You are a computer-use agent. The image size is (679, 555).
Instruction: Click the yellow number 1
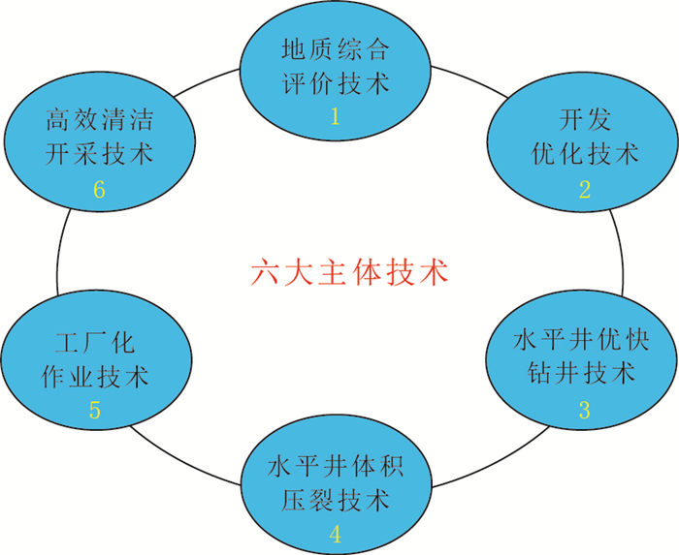pyautogui.click(x=336, y=117)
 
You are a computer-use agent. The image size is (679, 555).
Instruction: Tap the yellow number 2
pyautogui.click(x=585, y=189)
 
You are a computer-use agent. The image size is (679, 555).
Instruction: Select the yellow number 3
pyautogui.click(x=585, y=409)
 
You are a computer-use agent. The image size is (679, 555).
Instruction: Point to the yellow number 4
pyautogui.click(x=336, y=533)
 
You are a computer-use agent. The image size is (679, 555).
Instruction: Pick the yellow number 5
pyautogui.click(x=94, y=410)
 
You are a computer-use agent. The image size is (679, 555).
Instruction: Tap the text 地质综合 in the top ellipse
pyautogui.click(x=336, y=47)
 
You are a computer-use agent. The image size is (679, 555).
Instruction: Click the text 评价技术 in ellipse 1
pyautogui.click(x=336, y=82)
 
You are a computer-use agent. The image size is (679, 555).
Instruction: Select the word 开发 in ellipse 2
pyautogui.click(x=585, y=119)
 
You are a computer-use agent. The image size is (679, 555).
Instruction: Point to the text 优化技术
pyautogui.click(x=585, y=154)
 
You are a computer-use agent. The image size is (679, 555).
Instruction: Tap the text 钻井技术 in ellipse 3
pyautogui.click(x=585, y=374)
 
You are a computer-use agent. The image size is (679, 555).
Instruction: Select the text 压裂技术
pyautogui.click(x=336, y=500)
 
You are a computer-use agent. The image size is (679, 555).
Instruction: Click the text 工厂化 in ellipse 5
pyautogui.click(x=94, y=342)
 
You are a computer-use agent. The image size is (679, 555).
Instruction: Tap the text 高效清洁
pyautogui.click(x=99, y=121)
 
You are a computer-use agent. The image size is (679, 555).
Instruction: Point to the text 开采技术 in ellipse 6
pyautogui.click(x=99, y=155)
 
